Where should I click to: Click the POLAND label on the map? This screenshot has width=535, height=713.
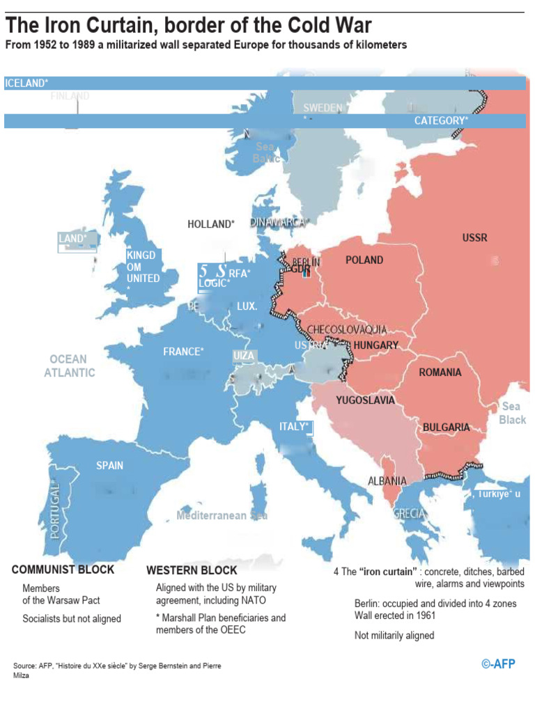tap(364, 260)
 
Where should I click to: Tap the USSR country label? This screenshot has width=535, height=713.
tap(474, 238)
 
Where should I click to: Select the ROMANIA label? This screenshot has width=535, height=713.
tap(440, 373)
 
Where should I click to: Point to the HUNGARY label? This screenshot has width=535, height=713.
tap(375, 345)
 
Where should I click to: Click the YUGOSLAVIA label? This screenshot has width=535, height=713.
tap(365, 400)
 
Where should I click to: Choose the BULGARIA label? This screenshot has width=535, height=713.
tap(446, 428)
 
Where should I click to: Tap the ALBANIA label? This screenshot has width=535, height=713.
tap(387, 481)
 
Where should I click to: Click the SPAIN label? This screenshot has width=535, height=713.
tap(110, 465)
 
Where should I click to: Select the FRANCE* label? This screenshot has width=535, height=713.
tap(183, 352)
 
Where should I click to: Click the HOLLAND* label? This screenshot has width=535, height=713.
tap(211, 224)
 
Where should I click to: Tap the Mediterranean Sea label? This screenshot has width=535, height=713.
tap(222, 516)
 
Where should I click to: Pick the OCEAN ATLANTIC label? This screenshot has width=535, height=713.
tap(69, 366)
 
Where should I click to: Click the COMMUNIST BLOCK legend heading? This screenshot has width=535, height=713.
tap(63, 570)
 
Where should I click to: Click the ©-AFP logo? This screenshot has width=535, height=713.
tap(498, 664)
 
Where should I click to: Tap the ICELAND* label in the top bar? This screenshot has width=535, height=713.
tap(26, 84)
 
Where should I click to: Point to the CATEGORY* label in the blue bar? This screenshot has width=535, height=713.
tap(441, 121)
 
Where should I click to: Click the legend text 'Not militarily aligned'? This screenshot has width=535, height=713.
tap(394, 635)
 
